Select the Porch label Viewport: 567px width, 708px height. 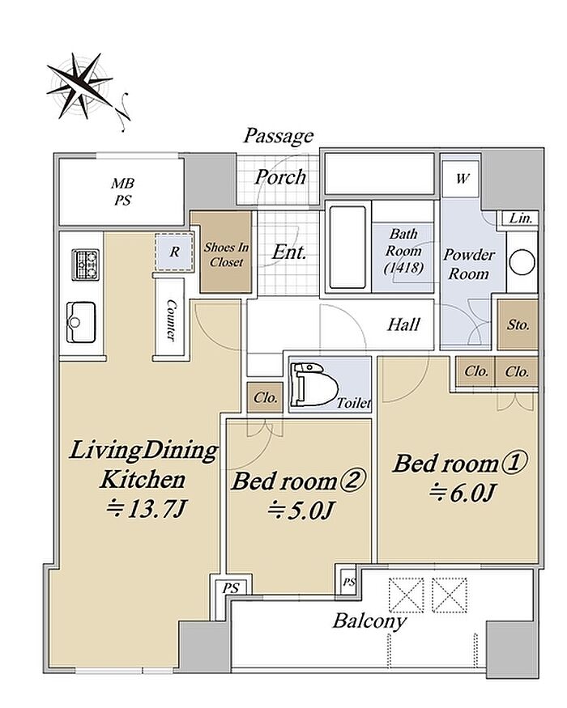280,176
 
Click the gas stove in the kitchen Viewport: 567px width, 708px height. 86,265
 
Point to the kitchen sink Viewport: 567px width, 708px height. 81,322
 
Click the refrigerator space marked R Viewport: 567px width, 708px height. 174,252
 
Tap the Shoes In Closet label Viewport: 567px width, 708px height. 226,254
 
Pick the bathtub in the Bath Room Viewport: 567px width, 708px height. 347,248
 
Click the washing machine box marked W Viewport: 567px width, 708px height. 461,180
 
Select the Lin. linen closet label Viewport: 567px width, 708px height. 521,218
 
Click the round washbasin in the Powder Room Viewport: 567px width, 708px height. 522,262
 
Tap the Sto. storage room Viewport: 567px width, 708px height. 518,324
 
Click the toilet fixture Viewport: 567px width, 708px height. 316,384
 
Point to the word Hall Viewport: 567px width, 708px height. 403,324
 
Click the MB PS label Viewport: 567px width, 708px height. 123,192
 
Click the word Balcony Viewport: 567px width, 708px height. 369,621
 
